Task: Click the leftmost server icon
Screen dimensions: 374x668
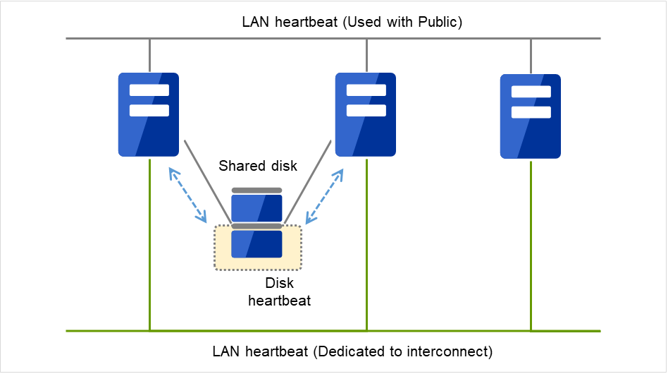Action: (149, 114)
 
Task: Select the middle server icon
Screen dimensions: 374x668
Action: (366, 114)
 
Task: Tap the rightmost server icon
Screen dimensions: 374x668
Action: (531, 116)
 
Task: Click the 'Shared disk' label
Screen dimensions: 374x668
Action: (258, 167)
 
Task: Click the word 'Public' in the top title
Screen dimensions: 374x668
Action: (437, 22)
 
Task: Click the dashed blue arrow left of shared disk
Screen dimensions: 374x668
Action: (187, 193)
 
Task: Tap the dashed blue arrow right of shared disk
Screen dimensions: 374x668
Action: (325, 193)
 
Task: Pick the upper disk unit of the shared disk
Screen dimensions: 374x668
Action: (256, 207)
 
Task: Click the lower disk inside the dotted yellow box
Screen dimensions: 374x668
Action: (256, 243)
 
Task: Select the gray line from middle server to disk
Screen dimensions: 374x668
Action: (307, 180)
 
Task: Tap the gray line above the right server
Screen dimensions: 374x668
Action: (531, 56)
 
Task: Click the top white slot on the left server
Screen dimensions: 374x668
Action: (149, 90)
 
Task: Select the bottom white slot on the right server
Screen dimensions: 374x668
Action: (531, 112)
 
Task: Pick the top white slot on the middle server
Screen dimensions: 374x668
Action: (366, 90)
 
